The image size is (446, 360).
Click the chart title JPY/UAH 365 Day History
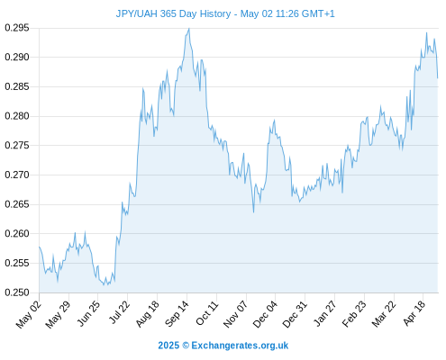click(173, 13)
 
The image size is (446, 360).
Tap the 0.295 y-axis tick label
click(17, 28)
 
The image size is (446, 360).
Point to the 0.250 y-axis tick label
click(17, 292)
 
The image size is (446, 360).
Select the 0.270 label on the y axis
click(17, 175)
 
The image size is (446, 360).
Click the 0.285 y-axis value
click(17, 87)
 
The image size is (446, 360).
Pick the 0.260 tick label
click(17, 234)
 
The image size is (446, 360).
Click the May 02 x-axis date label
click(29, 314)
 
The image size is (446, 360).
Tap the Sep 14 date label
click(177, 314)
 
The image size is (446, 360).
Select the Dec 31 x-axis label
click(295, 314)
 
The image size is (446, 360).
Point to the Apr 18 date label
click(414, 313)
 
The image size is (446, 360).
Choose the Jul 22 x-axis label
click(119, 312)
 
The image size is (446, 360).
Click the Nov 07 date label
click(235, 314)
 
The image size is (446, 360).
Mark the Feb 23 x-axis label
click(354, 314)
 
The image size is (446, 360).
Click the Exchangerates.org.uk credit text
click(240, 346)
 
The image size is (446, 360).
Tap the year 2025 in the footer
click(168, 346)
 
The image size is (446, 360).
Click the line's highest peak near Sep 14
click(189, 29)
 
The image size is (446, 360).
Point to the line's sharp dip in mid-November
click(253, 212)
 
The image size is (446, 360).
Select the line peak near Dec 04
click(274, 120)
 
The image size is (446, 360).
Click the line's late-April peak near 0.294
click(426, 32)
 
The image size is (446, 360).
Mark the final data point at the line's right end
click(438, 78)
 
